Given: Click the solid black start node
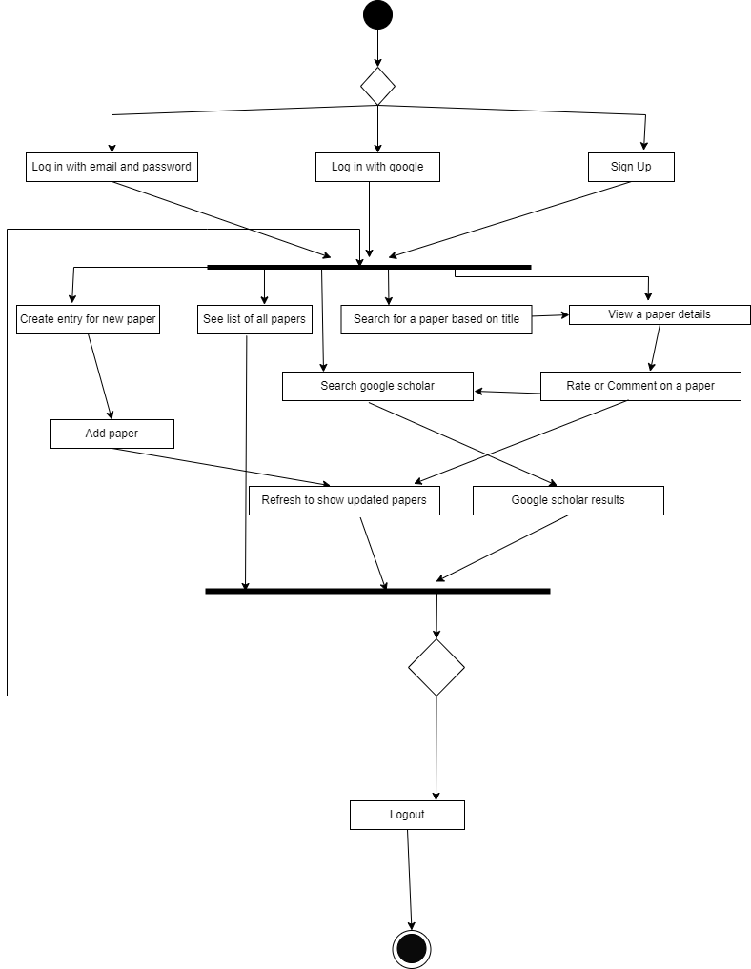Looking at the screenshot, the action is (x=377, y=15).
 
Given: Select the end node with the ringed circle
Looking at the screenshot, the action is (x=412, y=948).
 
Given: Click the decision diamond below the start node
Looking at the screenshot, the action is (x=377, y=86).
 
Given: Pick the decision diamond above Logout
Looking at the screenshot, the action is (x=436, y=667).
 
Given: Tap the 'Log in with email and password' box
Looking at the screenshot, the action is (x=112, y=167).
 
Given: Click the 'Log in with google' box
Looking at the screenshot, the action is (x=377, y=167).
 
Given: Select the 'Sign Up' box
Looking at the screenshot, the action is (x=631, y=167).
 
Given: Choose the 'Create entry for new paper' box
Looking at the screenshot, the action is (x=88, y=319).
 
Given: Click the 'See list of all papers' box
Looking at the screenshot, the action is (x=254, y=319).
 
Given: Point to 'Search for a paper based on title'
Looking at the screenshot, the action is (x=436, y=319).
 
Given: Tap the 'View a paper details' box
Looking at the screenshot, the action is (x=660, y=314).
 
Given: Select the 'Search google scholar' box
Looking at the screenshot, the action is (x=377, y=386).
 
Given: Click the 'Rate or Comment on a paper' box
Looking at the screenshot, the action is (x=640, y=386).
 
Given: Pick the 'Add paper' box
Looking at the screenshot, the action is (x=112, y=434).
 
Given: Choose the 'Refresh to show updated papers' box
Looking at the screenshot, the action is (x=344, y=500).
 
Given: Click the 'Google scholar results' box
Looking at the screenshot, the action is (x=568, y=500).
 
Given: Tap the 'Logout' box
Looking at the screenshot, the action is (x=407, y=815).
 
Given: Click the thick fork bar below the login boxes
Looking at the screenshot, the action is (x=369, y=267).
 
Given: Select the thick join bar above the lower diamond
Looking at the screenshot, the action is (x=377, y=592).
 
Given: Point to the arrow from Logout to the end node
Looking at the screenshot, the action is (x=409, y=879).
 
